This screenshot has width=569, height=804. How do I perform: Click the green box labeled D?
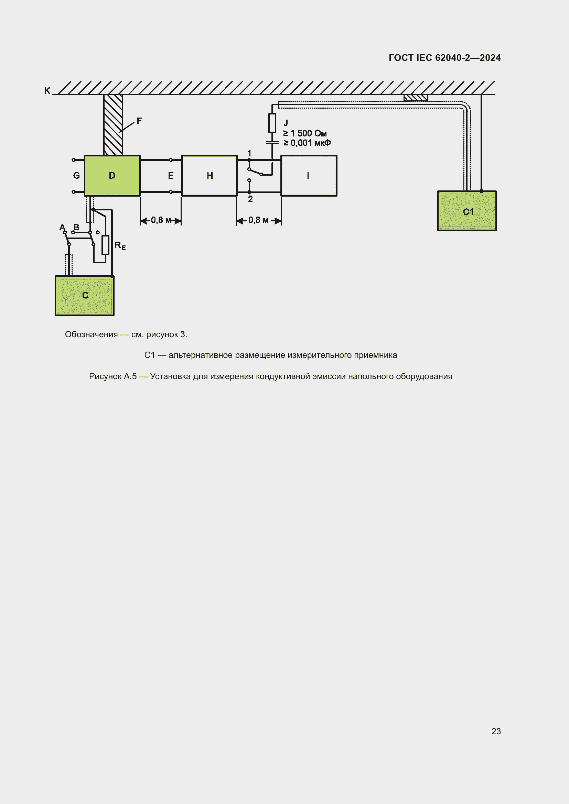coord(112,175)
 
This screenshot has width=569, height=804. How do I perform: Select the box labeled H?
coord(209,175)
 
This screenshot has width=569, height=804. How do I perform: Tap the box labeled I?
coord(309,175)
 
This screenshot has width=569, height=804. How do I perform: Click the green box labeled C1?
coord(467,211)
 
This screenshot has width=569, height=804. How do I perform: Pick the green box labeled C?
coord(84,296)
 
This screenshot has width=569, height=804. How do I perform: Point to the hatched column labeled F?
coord(113,125)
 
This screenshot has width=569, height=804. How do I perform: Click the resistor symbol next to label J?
coord(272,123)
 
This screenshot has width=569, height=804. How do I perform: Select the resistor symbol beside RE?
coord(105,245)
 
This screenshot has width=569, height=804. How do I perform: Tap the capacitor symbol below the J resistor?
coord(272,143)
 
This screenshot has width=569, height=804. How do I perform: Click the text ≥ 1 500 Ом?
coord(305,133)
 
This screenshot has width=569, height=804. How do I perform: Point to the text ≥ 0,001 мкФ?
coord(307,143)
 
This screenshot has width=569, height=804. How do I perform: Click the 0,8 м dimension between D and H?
coord(161,221)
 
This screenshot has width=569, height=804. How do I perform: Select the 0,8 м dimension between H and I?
coord(259,221)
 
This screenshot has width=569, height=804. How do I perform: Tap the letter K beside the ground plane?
coord(47,91)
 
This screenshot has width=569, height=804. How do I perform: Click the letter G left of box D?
coord(76,175)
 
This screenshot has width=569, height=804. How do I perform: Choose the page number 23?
coord(496,731)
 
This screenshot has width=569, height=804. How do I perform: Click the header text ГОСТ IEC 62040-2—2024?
coord(444,58)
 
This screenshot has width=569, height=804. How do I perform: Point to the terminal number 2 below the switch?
coord(250,199)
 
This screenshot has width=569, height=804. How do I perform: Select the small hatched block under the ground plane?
coord(416,98)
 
